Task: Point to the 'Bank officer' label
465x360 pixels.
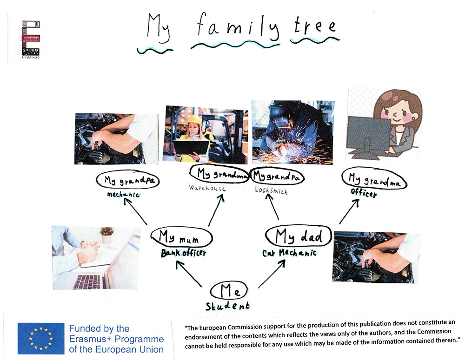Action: point(184,253)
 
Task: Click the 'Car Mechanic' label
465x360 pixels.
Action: point(289,253)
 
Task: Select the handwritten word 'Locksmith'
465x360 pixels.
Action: point(272,190)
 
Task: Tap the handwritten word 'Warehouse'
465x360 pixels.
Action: point(207,188)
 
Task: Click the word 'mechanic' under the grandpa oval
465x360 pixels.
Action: point(123,195)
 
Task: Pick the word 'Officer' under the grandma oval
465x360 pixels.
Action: point(364,193)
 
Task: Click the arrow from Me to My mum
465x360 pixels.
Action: point(189,274)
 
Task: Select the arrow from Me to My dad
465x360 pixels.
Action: point(272,274)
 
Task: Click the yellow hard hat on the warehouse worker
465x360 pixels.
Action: point(194,120)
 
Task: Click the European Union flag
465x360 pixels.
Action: point(41,338)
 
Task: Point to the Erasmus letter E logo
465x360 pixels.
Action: point(31,39)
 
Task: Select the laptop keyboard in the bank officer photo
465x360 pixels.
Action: point(87,282)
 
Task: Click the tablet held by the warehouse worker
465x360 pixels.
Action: point(191,148)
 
